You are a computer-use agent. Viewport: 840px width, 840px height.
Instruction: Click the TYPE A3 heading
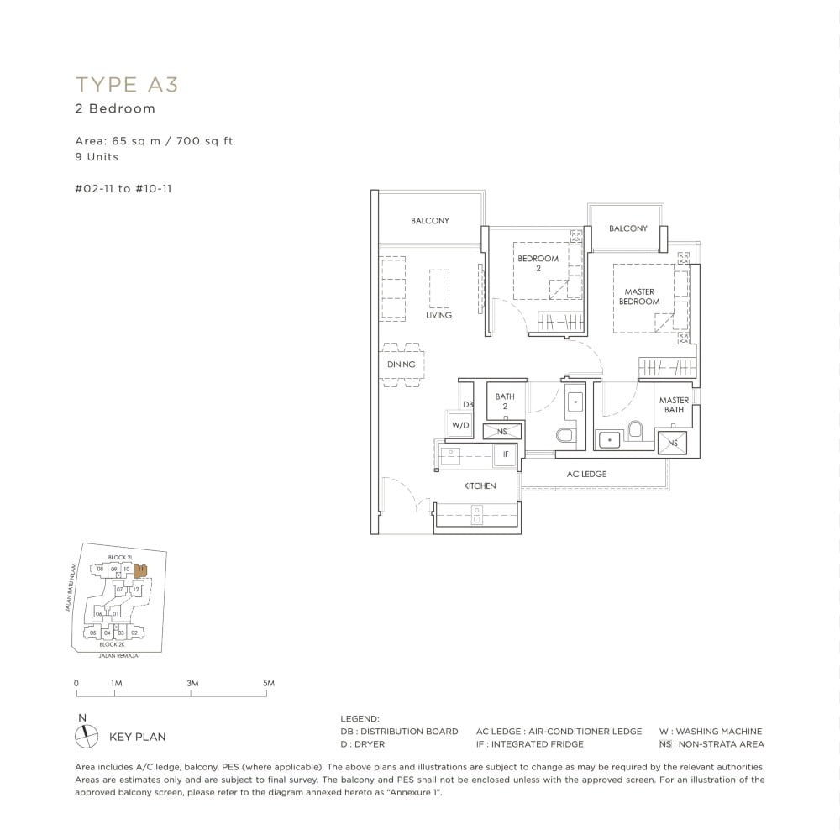pos(127,84)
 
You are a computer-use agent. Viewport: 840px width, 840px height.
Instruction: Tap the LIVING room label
pos(438,315)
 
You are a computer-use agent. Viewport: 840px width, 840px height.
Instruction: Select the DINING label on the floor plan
pos(402,365)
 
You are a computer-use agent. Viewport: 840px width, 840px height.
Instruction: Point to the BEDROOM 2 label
pos(538,263)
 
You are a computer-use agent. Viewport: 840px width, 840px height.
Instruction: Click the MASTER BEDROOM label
pos(639,297)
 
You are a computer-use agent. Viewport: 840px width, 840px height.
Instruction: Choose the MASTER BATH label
pos(674,405)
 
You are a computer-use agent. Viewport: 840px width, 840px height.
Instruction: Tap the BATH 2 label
pos(505,401)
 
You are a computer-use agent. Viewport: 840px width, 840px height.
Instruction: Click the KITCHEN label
pos(480,486)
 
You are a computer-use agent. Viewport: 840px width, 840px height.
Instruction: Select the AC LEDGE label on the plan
pos(586,474)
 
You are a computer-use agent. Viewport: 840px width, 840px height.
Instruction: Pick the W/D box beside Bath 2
pos(460,426)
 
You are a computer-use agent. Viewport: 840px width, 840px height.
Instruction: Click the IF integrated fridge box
pos(506,454)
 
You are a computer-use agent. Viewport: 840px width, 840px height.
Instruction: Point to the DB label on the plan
pos(468,405)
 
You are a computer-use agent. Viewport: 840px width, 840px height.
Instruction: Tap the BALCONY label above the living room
pos(430,221)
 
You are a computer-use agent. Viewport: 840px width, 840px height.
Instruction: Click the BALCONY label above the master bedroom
pos(627,228)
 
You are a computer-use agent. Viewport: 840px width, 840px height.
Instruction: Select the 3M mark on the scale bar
pos(192,684)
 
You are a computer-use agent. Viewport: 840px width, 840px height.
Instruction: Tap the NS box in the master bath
pos(673,443)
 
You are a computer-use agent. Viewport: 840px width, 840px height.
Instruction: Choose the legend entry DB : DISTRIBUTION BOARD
pos(399,732)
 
